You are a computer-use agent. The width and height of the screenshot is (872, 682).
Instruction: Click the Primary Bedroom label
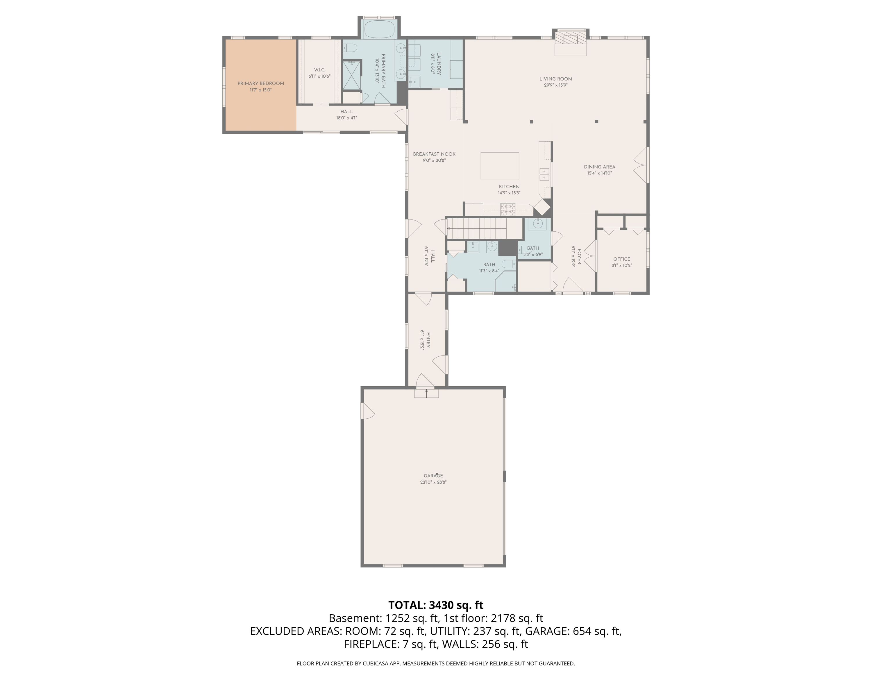pos(261,83)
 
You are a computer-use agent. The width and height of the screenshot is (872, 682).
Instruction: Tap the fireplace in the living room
pos(571,43)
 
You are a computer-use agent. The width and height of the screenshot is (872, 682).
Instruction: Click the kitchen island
pos(499,165)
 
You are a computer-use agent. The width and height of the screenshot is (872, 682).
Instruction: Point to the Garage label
pos(433,476)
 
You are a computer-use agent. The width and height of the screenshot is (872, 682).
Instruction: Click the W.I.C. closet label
pos(319,70)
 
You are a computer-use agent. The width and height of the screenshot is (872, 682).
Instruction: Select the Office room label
pos(622,259)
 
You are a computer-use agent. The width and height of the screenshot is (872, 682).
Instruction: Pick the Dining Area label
pos(599,167)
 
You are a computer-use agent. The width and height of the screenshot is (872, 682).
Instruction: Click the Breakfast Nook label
pos(434,154)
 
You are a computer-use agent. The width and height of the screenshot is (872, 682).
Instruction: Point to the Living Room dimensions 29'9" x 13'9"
pos(555,85)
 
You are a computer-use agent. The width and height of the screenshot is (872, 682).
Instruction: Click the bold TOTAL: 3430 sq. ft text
pos(436,605)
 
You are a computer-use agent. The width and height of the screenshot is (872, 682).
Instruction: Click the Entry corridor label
pos(428,340)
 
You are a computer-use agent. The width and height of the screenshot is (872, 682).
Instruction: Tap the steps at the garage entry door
pos(426,393)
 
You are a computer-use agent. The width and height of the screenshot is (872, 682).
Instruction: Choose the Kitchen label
pos(509,186)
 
